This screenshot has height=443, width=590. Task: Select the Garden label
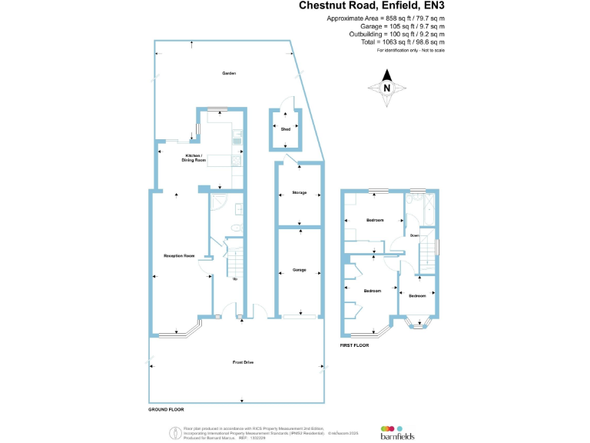[x=229, y=73]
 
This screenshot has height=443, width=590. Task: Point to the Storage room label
[x=300, y=192]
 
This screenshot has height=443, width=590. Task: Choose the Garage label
[x=300, y=270]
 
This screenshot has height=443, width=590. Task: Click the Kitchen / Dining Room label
[x=194, y=158]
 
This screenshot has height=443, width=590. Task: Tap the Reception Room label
[x=179, y=255]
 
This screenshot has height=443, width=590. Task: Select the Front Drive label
[x=243, y=361]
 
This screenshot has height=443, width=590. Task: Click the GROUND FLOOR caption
[x=166, y=410]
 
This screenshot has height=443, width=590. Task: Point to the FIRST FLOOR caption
[x=354, y=346]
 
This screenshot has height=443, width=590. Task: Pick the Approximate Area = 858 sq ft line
[x=386, y=18]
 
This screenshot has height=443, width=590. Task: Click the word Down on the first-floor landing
[x=414, y=235]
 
